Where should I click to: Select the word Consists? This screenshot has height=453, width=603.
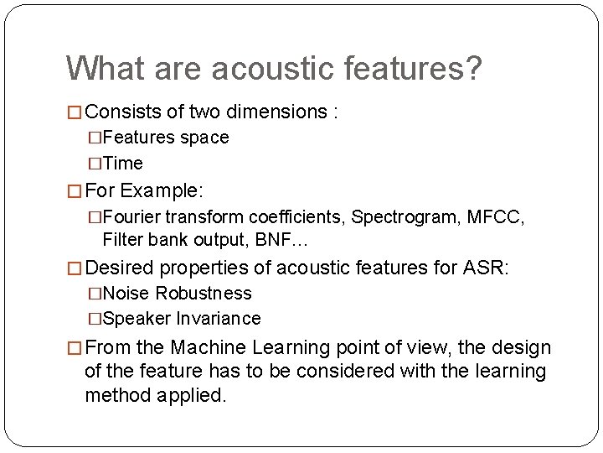[x=122, y=112]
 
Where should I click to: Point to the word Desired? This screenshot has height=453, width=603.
[x=120, y=268]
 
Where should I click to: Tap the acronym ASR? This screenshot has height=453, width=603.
[x=483, y=268]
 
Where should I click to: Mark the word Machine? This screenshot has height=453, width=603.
[x=207, y=348]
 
